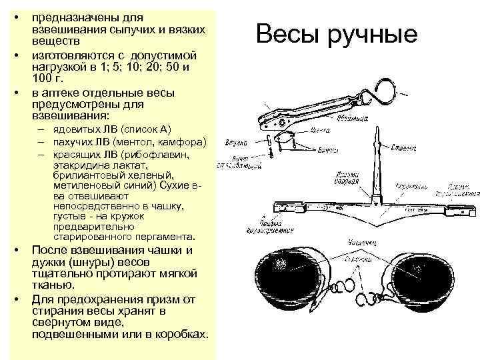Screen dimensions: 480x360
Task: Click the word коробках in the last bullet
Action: click(x=177, y=333)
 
